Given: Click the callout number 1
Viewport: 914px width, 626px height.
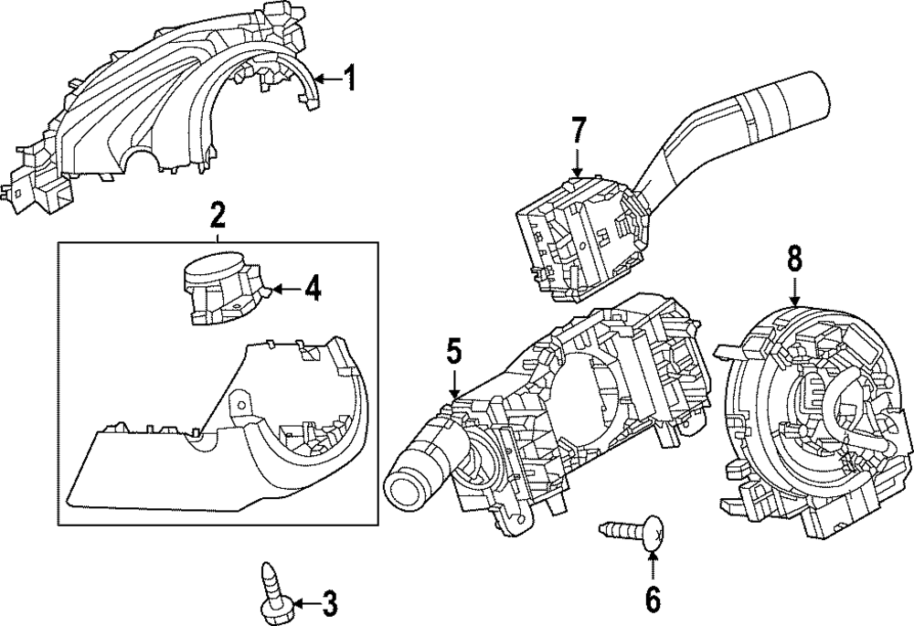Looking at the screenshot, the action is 348,79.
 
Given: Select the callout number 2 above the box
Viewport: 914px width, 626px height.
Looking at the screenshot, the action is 217,216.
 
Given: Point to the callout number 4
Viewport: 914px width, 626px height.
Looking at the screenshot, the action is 313,288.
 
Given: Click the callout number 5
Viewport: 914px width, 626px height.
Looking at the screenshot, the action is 454,352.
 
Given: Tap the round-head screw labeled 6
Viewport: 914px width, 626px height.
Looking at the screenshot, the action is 632,532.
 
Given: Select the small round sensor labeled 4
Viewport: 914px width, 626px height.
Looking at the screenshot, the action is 226,288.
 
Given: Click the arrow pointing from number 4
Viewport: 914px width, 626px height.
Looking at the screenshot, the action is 286,289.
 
